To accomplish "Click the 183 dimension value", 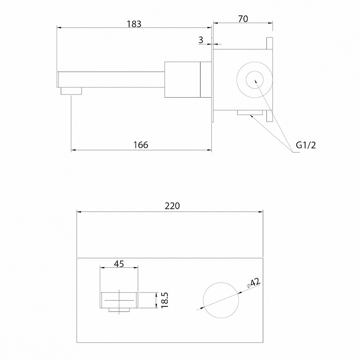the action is point(134,24).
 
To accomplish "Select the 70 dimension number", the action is point(243,19).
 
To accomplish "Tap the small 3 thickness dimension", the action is point(201,40).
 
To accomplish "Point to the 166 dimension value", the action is point(141,145).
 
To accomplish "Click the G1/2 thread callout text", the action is point(306,145).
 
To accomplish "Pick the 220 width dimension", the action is point(172,206).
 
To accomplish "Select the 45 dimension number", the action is point(119,264).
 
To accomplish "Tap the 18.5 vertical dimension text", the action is point(165,300).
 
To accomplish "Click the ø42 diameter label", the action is point(254,283).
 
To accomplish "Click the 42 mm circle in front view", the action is point(221,300).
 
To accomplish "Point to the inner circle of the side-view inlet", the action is point(254,80).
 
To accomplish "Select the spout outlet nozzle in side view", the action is point(71,91).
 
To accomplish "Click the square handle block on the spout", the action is point(183,80).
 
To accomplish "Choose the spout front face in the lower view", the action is point(119,300).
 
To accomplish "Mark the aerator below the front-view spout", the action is point(119,310).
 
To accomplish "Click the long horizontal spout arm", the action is point(111,80).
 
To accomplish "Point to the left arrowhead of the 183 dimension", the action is point(59,28).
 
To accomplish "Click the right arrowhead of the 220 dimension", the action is point(261,211).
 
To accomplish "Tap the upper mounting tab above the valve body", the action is point(270,44).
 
